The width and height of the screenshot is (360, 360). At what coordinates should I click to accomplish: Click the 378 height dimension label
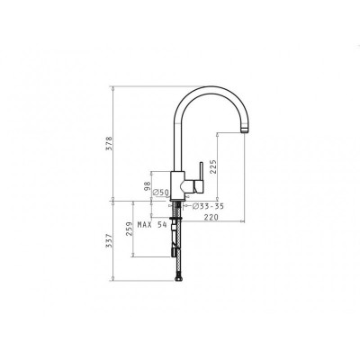coord(109,144)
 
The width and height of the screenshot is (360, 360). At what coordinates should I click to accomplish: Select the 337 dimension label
coord(109,240)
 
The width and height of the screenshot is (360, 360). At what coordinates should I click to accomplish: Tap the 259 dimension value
coord(130,229)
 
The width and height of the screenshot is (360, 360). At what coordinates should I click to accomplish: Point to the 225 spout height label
coord(213,166)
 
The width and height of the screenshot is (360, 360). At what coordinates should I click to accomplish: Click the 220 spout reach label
coord(211,218)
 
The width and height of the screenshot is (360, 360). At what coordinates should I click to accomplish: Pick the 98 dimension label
coord(148,186)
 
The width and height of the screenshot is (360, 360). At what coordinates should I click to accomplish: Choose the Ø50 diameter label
coord(161,193)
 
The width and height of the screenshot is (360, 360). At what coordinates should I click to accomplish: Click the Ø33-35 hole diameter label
coord(208,206)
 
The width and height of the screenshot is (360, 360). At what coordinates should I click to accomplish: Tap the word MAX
coord(144,224)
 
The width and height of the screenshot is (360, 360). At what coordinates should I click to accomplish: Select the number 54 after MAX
coord(162,224)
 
